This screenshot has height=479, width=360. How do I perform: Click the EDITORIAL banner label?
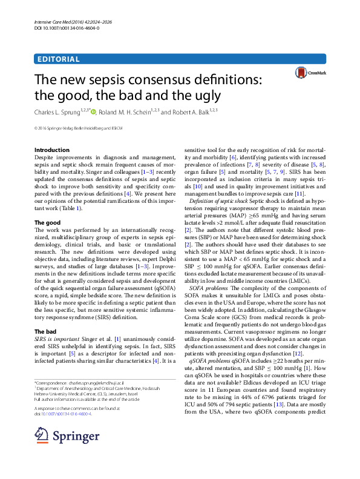(x=58, y=59)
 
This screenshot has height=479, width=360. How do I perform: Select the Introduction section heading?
(x=52, y=150)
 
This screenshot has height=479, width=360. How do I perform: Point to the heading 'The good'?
(x=47, y=223)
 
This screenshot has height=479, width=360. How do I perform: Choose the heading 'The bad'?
(x=46, y=331)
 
